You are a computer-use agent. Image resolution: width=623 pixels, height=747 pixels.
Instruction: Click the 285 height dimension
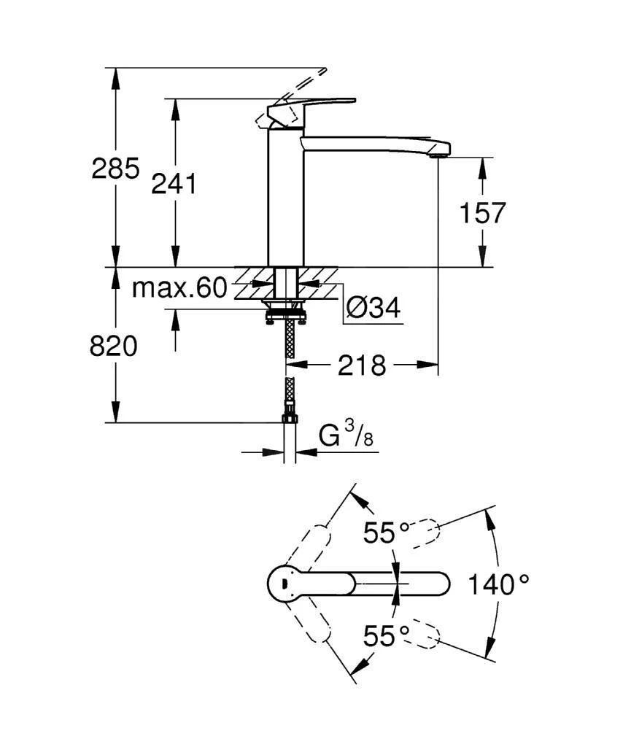pyautogui.click(x=115, y=169)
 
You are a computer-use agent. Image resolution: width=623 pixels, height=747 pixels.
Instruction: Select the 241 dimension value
pyautogui.click(x=174, y=185)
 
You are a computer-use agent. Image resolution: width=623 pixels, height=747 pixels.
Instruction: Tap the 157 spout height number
pyautogui.click(x=481, y=214)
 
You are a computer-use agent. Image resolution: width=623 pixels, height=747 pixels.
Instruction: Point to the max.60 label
pyautogui.click(x=179, y=289)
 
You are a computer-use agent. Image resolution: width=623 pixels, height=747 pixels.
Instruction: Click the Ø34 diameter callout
pyautogui.click(x=374, y=309)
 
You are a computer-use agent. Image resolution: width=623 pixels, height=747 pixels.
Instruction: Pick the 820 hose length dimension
pyautogui.click(x=114, y=347)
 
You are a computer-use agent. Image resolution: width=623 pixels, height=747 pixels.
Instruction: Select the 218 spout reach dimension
pyautogui.click(x=362, y=365)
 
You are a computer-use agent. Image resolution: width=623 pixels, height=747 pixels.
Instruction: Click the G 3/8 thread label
pyautogui.click(x=347, y=439)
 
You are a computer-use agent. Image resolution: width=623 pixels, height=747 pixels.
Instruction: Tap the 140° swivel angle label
pyautogui.click(x=498, y=584)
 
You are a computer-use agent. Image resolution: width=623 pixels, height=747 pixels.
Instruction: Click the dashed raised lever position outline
pyautogui.click(x=306, y=84)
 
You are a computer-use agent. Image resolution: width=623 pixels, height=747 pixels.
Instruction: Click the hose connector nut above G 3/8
pyautogui.click(x=290, y=418)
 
